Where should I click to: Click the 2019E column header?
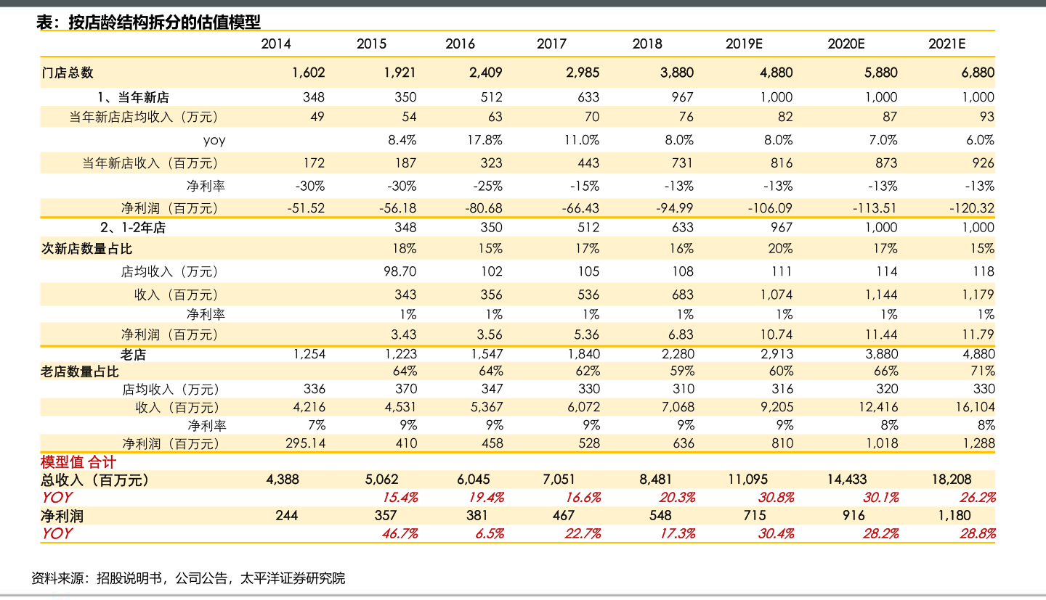744,44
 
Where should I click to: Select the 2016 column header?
460,44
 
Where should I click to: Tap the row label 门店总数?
68,73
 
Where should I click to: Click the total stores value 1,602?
308,73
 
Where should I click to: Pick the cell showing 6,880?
977,73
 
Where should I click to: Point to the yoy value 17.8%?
485,140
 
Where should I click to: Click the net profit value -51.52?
306,208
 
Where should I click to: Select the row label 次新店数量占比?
87,249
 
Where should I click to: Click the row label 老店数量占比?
80,372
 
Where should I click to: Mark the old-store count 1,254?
309,354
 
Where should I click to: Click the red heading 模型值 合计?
78,462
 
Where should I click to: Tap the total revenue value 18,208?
951,480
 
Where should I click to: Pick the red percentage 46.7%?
400,533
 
